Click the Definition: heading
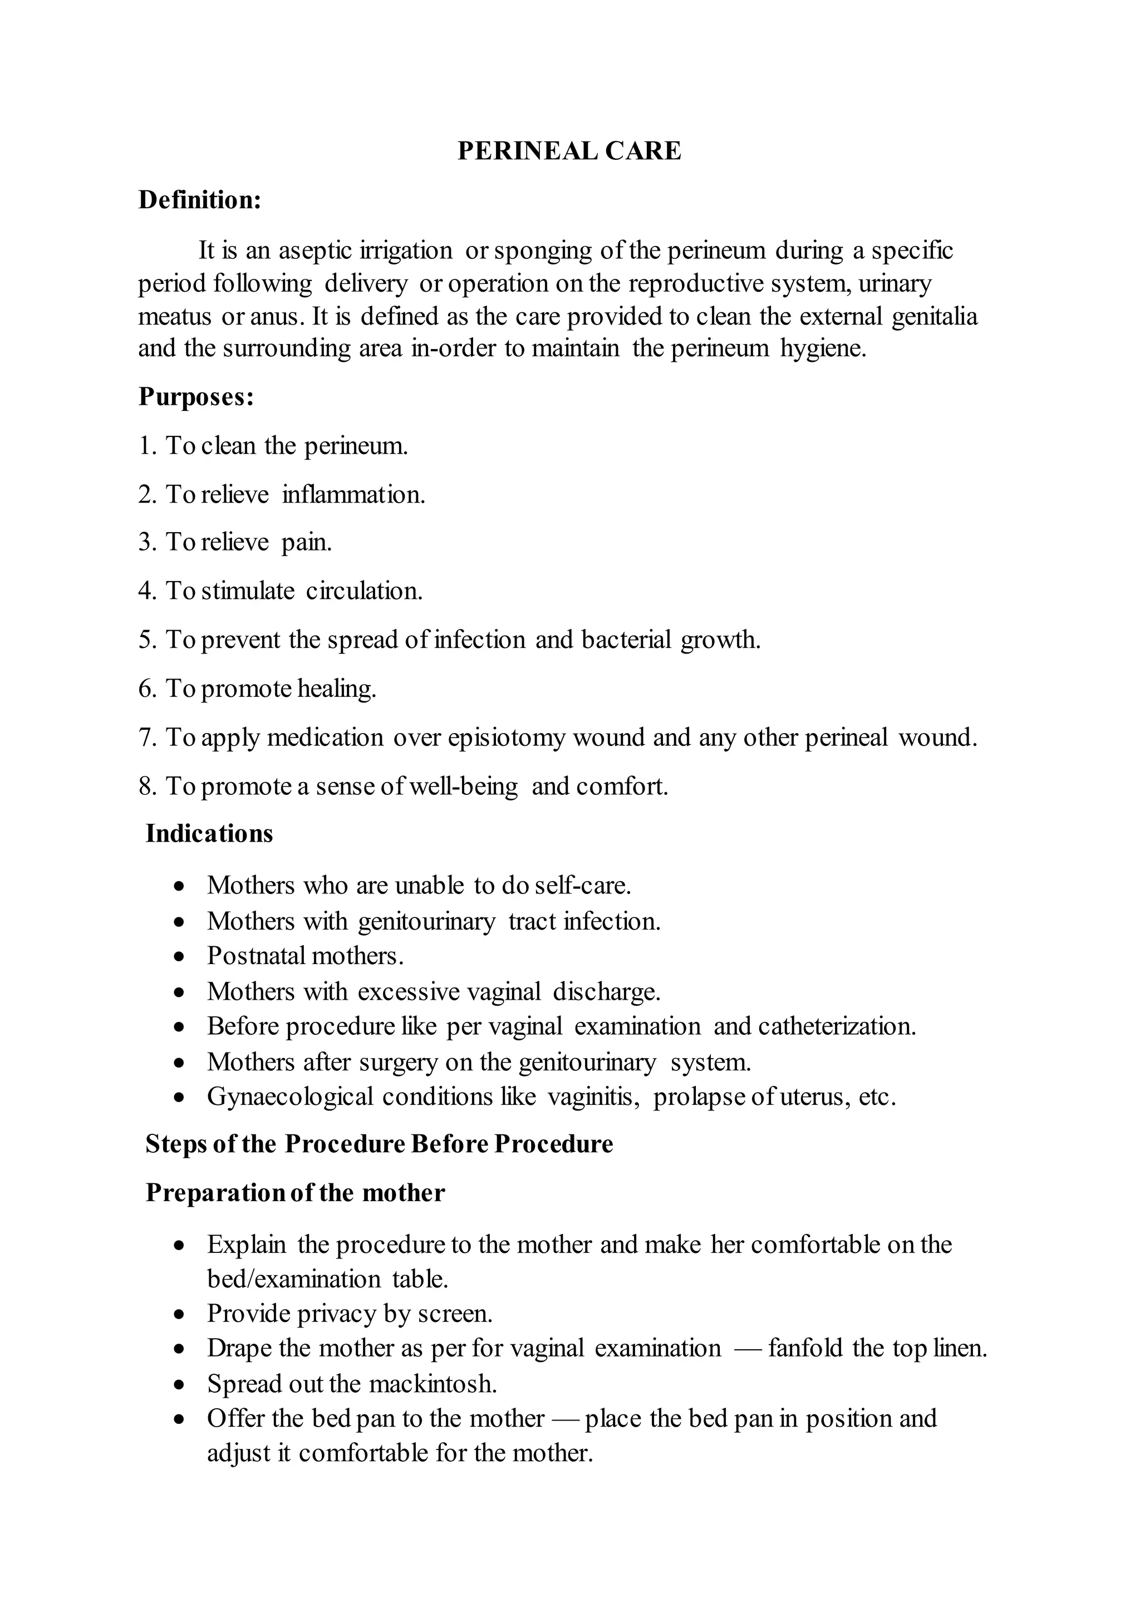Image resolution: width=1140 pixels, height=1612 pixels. point(199,200)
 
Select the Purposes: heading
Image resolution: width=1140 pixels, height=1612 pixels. point(196,397)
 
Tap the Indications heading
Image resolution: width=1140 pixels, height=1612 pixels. point(209,833)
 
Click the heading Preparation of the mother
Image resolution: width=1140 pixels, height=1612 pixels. point(295,1193)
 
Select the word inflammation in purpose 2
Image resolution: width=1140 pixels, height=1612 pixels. point(353,495)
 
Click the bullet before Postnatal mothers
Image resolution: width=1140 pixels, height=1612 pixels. point(180,957)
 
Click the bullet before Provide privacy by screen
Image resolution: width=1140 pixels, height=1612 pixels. point(180,1314)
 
